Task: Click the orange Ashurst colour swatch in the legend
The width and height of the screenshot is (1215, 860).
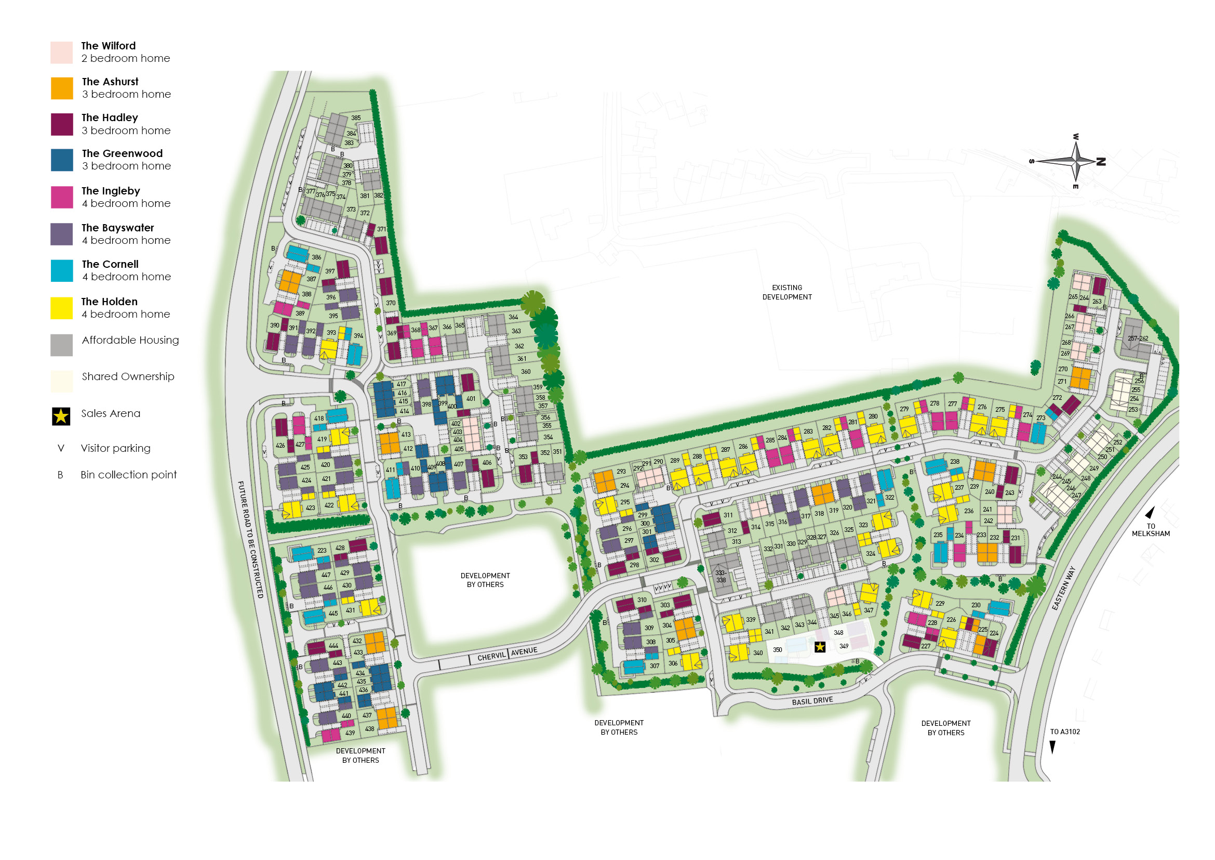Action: pyautogui.click(x=62, y=88)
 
